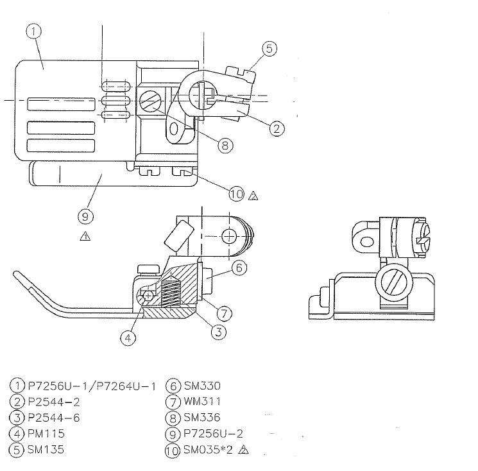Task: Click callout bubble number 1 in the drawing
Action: (33, 31)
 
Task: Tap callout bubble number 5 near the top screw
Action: (269, 49)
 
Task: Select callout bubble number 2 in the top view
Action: (277, 128)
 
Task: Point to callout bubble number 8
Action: (225, 145)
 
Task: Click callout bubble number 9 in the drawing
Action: (85, 217)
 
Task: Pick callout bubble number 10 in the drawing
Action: (237, 194)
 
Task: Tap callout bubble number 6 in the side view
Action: (239, 268)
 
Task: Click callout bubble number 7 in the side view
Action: (225, 313)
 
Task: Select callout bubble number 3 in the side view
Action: (219, 332)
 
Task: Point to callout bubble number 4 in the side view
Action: (128, 338)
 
